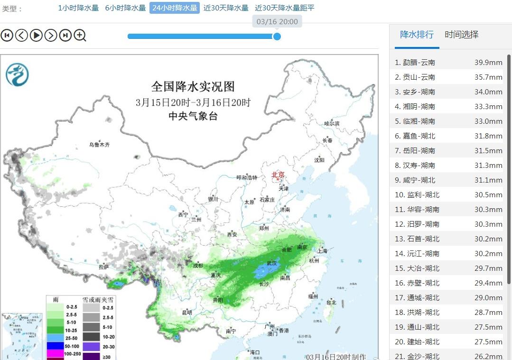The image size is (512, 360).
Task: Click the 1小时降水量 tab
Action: tap(78, 8)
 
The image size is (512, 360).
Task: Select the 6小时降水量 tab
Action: tap(125, 8)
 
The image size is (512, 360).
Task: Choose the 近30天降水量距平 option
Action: tap(284, 8)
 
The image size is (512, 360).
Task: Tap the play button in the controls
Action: tap(36, 35)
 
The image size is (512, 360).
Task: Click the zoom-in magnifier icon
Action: tap(80, 35)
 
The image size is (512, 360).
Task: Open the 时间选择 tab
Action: tap(461, 35)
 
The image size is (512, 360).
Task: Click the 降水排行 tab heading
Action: tap(417, 35)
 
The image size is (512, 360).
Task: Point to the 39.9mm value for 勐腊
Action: tap(488, 63)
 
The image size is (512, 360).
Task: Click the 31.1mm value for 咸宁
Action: tap(488, 180)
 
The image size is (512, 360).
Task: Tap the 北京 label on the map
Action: tap(278, 175)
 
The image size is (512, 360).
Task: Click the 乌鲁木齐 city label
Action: tap(99, 145)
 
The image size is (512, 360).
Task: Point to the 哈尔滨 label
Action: tap(332, 124)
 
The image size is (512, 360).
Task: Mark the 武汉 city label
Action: tap(272, 263)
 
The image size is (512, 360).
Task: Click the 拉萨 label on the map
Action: tap(103, 268)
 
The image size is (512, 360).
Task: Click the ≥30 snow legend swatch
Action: tap(91, 356)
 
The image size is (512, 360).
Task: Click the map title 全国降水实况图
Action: tap(193, 87)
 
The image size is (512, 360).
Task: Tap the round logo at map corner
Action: tap(18, 75)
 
